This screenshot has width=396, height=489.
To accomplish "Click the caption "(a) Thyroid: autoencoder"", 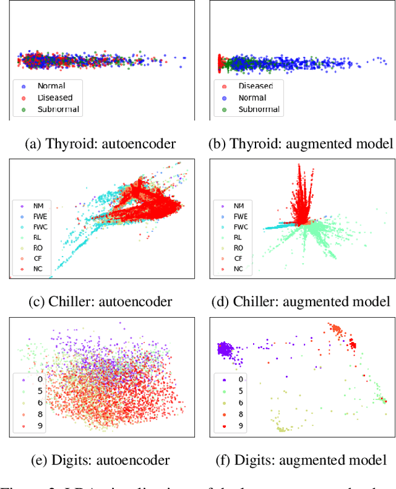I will (x=100, y=143).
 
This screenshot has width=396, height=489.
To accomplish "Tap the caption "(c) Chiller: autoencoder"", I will (x=100, y=302).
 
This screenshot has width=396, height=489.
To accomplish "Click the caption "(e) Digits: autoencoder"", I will (x=100, y=460).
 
